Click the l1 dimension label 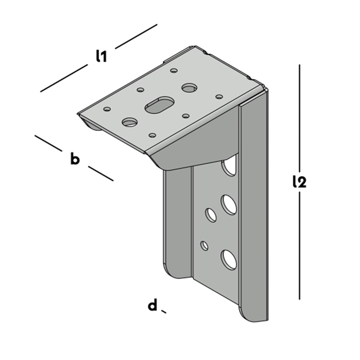[x=101, y=56]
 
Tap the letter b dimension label [x=75, y=159]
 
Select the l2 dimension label [x=300, y=181]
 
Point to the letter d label [x=153, y=305]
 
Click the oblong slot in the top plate [x=159, y=105]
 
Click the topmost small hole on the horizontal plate [x=174, y=70]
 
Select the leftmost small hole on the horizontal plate [x=107, y=109]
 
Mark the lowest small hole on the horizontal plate [x=152, y=135]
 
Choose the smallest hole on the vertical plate [x=204, y=246]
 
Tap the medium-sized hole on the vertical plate [x=211, y=215]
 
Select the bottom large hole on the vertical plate [x=229, y=260]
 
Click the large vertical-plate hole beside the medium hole [x=229, y=205]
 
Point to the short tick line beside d [x=164, y=311]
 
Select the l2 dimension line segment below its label [x=300, y=246]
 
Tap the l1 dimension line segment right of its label [x=136, y=36]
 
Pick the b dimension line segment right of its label [x=101, y=174]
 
